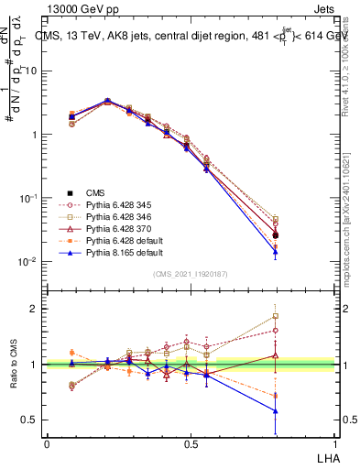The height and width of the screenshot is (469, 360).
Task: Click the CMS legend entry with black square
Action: pos(96,192)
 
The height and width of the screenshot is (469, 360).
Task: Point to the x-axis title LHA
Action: pos(327,456)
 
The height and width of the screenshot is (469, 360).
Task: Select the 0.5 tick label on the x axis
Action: pos(191,443)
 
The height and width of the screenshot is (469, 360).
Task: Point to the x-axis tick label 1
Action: pos(335,443)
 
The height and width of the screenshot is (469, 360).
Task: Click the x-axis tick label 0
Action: pos(47,443)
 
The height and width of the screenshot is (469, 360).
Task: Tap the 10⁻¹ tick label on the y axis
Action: pos(31,198)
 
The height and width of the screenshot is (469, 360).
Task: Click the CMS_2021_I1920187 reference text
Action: pos(191,274)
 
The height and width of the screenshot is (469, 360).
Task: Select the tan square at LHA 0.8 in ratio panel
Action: pos(276,316)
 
